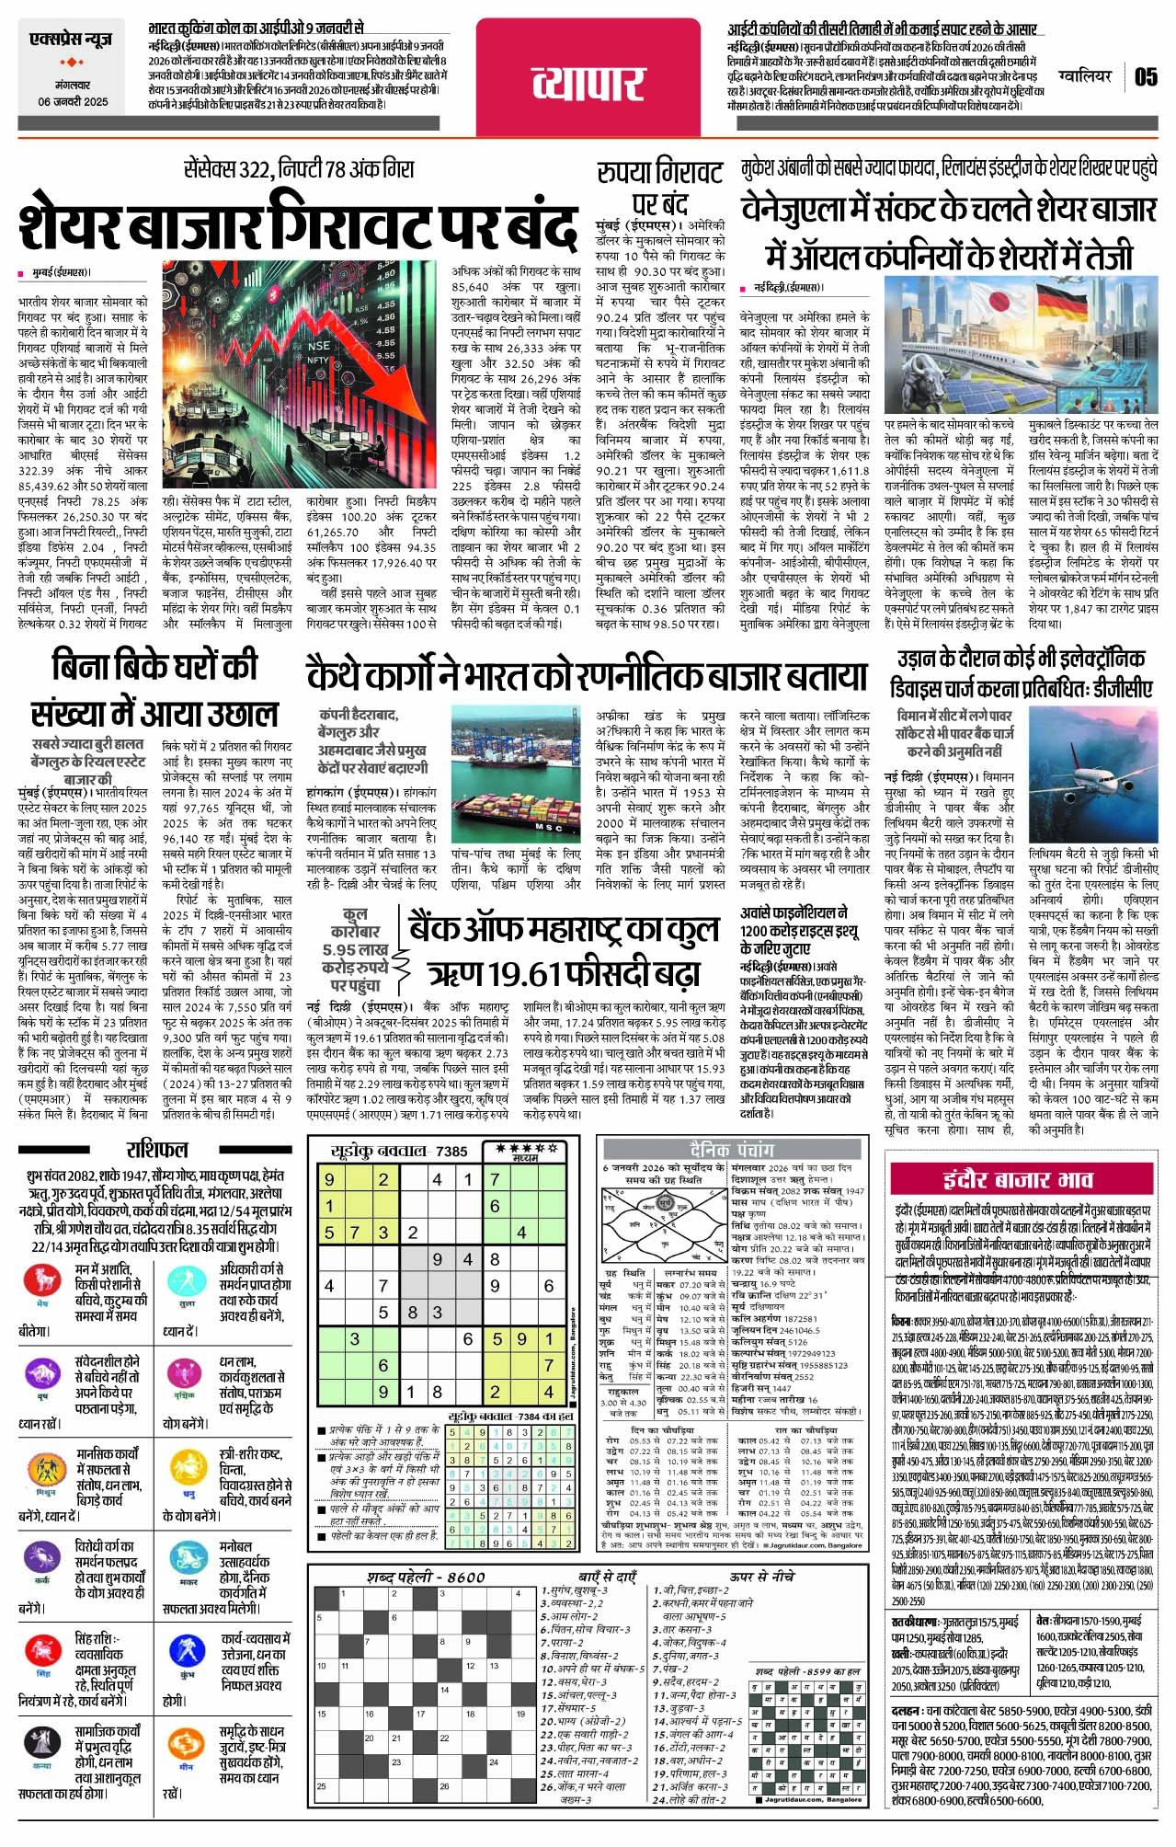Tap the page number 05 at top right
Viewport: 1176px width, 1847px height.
1145,76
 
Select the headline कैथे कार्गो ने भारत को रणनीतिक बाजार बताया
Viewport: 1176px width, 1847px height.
588,676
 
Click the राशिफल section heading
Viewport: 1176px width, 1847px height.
157,1150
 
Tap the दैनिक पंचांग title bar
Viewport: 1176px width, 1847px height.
731,1150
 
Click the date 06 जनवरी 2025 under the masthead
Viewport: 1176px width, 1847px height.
73,101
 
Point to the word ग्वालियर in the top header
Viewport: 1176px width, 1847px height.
1085,76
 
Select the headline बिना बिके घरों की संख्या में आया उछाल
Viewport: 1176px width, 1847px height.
154,690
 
